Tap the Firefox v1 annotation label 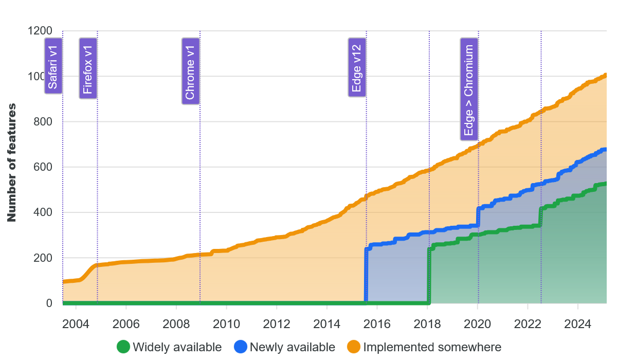(88, 68)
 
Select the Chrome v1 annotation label (191, 71)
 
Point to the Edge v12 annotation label (357, 67)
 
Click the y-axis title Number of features (12, 163)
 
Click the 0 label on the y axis (49, 303)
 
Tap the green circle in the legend (123, 347)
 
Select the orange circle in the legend (354, 347)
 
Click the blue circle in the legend (241, 347)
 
